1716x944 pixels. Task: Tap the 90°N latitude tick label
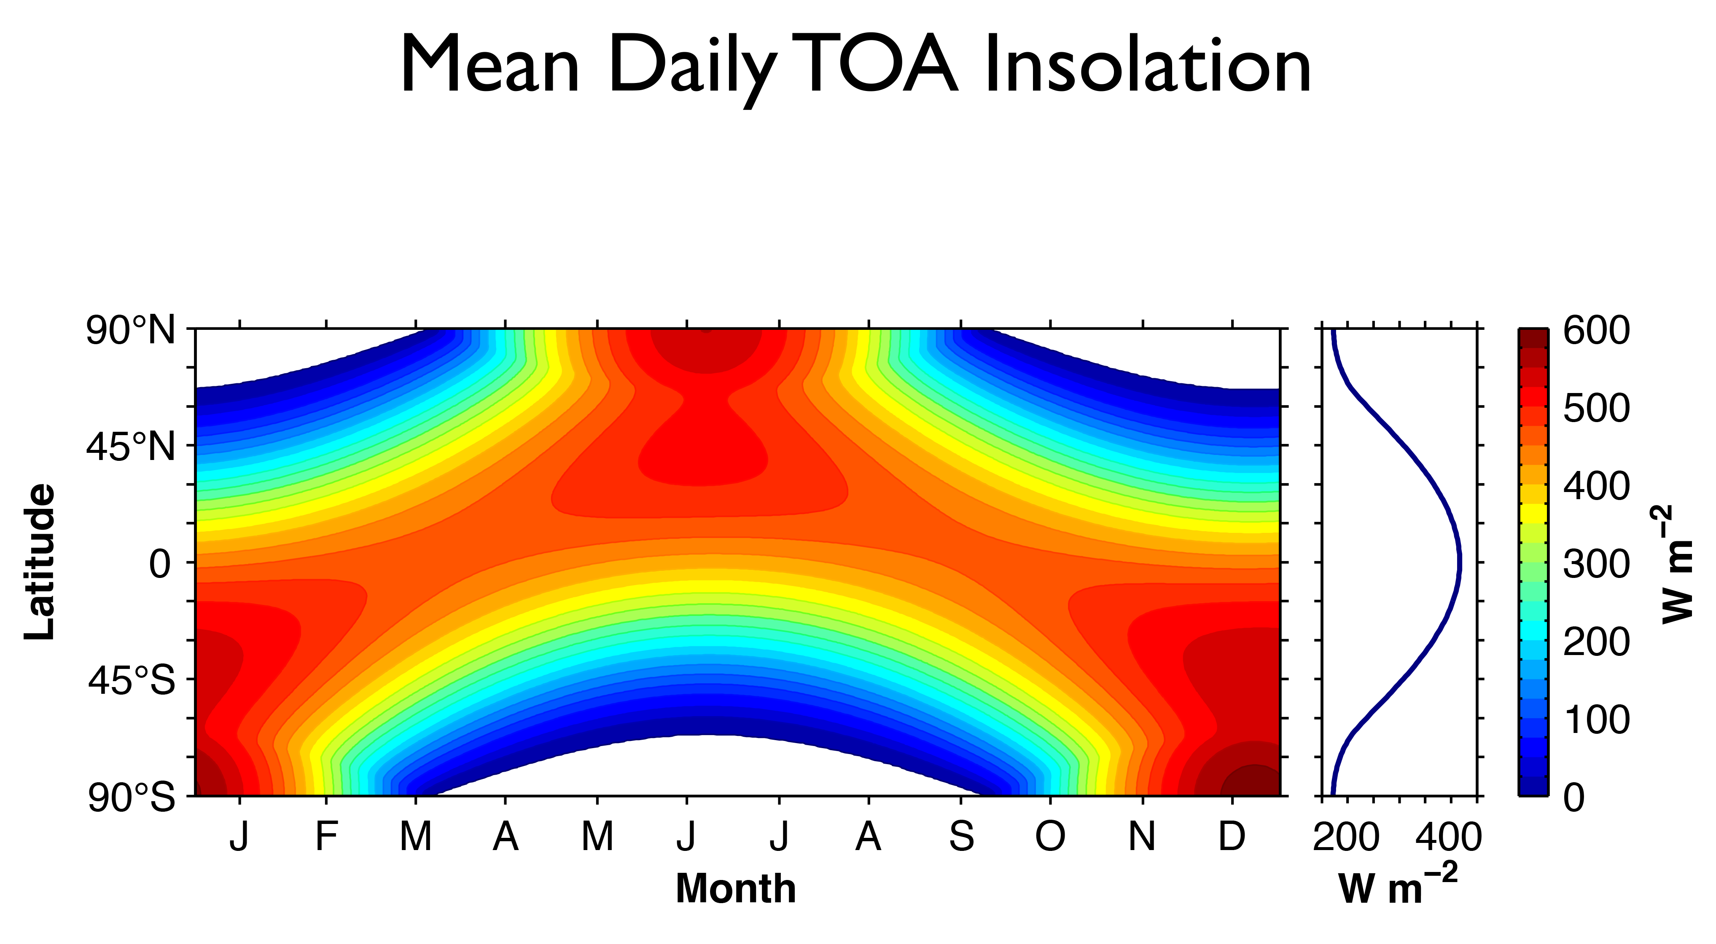(131, 331)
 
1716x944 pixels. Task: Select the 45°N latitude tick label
(131, 447)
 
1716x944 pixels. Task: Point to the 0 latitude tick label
(160, 564)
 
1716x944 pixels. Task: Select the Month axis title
(736, 889)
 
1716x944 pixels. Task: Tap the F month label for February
(326, 837)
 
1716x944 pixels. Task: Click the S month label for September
(961, 837)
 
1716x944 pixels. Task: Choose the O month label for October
(1051, 837)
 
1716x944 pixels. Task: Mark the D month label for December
(1232, 837)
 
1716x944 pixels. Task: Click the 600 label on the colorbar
(1596, 331)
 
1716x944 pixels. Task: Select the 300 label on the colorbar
(1596, 564)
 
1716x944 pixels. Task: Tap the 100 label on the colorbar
(1596, 720)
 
